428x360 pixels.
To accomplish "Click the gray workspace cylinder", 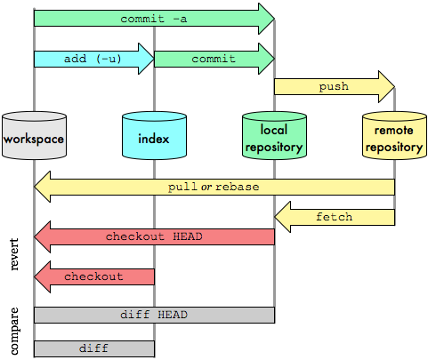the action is click(x=34, y=135).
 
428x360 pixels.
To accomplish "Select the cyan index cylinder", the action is click(x=154, y=135).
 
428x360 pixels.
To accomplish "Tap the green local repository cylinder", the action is click(x=274, y=135).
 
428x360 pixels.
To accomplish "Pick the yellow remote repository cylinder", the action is click(x=394, y=135).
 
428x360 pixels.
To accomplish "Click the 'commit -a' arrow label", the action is click(x=154, y=19).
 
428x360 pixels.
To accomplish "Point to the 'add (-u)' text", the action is click(x=93, y=59).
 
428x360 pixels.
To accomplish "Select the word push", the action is click(x=334, y=87).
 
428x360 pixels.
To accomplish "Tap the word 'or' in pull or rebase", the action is click(x=206, y=187).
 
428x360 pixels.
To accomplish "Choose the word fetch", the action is click(x=335, y=217).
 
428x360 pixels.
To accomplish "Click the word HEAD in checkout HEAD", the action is click(x=188, y=236).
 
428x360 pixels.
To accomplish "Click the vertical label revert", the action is click(x=14, y=254).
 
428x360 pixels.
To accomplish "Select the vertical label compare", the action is click(x=14, y=331).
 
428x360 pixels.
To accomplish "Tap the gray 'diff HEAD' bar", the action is click(x=154, y=315).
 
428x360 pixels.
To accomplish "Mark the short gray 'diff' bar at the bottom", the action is click(x=94, y=348).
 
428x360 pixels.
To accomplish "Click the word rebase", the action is click(x=238, y=187).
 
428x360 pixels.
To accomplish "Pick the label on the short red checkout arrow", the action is click(x=93, y=276).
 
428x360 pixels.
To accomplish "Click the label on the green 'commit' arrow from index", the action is click(x=214, y=59).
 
